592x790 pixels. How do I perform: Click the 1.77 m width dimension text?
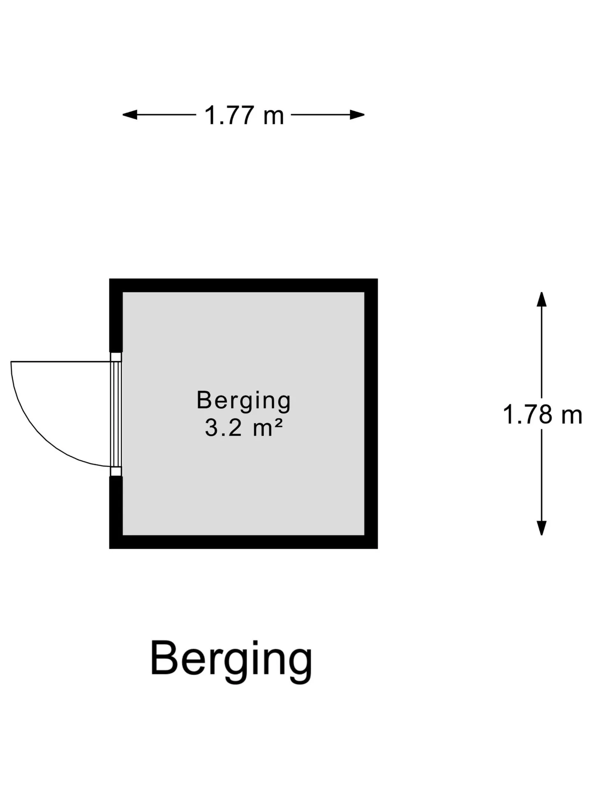coord(244,115)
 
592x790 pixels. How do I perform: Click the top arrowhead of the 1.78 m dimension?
coord(542,299)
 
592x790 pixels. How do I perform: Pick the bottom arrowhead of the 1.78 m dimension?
coord(542,528)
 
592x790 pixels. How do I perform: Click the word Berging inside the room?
coord(244,401)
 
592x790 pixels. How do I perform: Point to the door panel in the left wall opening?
coord(116,414)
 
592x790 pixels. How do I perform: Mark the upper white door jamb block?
coord(116,357)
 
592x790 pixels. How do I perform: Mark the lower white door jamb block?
coord(116,472)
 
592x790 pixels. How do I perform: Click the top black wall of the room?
coord(243,285)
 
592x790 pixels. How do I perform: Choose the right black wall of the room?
coord(371,414)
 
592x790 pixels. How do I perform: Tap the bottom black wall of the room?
coord(243,542)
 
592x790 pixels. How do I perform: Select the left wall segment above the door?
coord(116,315)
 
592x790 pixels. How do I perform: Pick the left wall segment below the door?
coord(116,512)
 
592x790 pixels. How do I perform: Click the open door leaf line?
coord(61,362)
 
